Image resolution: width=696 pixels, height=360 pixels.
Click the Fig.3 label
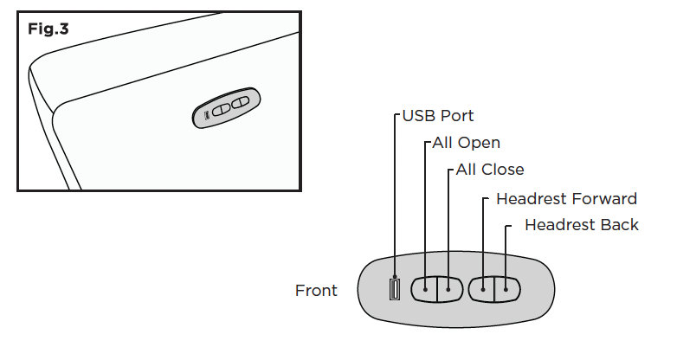[x=48, y=29]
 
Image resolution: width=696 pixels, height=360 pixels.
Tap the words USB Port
[x=438, y=116]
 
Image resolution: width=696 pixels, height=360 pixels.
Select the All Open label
[x=466, y=143]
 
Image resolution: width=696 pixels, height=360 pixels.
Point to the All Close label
[x=490, y=170]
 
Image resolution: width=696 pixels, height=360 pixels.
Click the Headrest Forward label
[x=566, y=198]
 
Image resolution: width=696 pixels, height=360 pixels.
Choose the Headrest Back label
[x=582, y=225]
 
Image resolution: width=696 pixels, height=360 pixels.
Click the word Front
[x=316, y=290]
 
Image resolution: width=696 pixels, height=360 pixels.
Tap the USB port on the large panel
[x=394, y=289]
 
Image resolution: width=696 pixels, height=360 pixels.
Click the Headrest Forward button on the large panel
[x=481, y=289]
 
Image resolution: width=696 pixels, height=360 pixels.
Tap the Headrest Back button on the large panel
[x=507, y=289]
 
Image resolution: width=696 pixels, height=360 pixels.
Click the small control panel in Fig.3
[x=227, y=108]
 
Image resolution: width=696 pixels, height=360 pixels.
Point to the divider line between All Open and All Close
[x=437, y=289]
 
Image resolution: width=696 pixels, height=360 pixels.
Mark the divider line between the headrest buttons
[x=494, y=289]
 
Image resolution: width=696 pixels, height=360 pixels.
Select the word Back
[x=619, y=225]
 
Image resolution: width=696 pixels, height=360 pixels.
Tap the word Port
[x=457, y=116]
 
